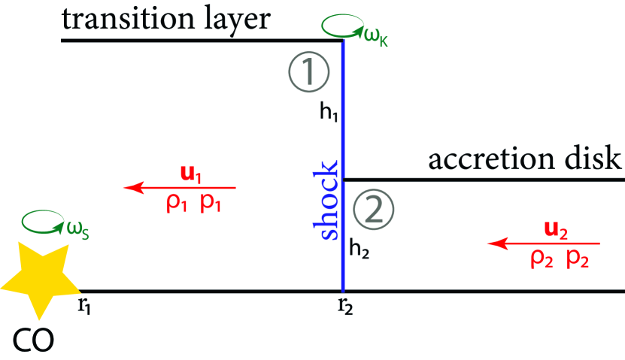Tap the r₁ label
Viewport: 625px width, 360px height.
85,306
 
